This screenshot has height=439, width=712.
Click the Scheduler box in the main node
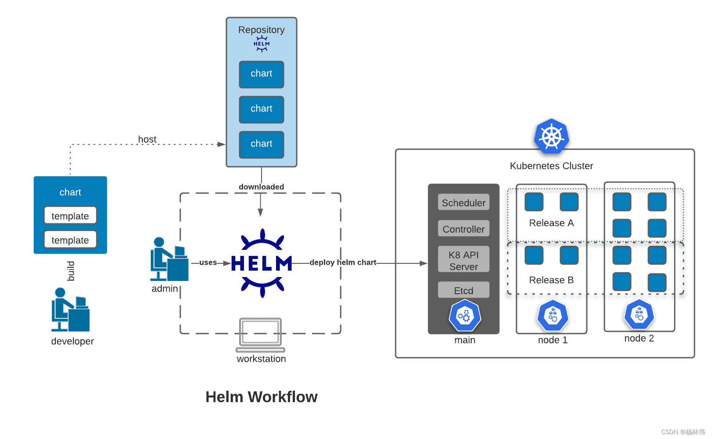[464, 202]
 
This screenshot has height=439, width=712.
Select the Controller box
[464, 229]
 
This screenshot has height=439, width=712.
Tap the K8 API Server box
[464, 260]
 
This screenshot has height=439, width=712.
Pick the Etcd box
[464, 290]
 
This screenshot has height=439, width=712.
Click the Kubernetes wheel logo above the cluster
[552, 136]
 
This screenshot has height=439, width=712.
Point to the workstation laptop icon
[261, 335]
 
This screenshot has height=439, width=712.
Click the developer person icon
[70, 310]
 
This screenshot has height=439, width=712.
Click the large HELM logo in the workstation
[262, 263]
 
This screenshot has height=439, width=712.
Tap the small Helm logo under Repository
[262, 44]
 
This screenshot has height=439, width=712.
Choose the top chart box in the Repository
[262, 74]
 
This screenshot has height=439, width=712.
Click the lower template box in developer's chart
[70, 240]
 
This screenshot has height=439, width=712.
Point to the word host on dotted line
[147, 139]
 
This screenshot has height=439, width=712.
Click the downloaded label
[261, 187]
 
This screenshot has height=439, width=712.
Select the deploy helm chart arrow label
[343, 262]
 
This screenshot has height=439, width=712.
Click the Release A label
[551, 223]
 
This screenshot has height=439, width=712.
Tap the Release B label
[551, 280]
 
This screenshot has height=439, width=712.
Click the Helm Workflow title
[261, 397]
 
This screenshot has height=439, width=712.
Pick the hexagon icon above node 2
[639, 315]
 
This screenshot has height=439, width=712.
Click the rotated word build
[71, 271]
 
